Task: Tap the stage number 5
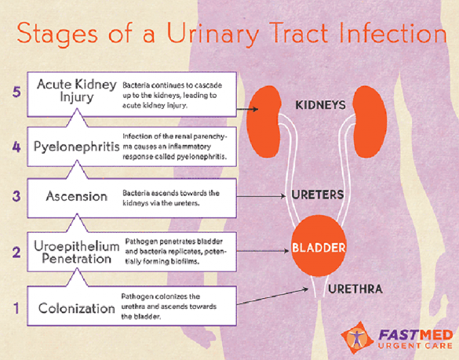click(x=16, y=92)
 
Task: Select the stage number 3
click(x=16, y=195)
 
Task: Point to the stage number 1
click(x=16, y=308)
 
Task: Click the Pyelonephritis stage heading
click(x=77, y=147)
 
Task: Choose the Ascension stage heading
click(x=77, y=196)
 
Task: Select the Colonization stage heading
click(x=77, y=308)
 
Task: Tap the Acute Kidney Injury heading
click(x=77, y=91)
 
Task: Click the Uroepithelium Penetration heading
click(x=77, y=253)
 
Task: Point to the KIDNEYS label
click(x=320, y=105)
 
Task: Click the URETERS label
click(x=317, y=195)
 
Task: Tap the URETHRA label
click(x=355, y=289)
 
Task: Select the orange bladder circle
click(x=319, y=245)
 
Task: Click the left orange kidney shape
click(x=264, y=122)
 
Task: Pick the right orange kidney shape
click(x=370, y=122)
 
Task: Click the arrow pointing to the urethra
click(x=272, y=296)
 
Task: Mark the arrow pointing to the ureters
click(x=261, y=196)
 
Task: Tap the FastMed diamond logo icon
click(x=357, y=338)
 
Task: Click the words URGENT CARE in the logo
click(x=415, y=346)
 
